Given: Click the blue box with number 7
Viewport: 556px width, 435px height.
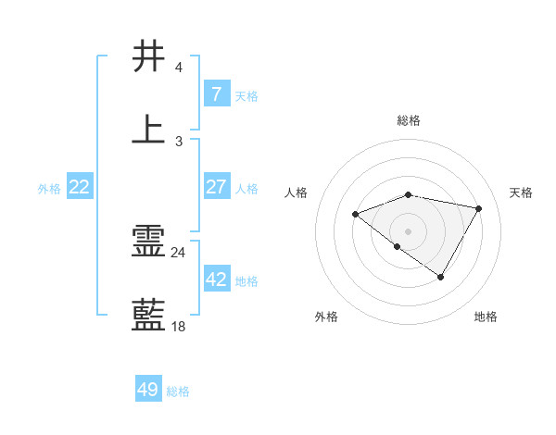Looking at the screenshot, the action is coord(216,93).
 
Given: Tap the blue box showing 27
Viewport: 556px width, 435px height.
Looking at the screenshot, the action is coord(216,186).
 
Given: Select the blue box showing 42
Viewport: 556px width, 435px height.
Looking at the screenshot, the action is coord(216,279).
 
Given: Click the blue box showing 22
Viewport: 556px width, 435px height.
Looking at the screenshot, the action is coord(80,187).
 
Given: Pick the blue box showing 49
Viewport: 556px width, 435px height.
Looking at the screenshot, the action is coord(148,390).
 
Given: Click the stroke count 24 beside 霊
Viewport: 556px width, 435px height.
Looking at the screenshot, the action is coord(178,253).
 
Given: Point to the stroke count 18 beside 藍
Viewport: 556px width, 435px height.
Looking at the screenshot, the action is coord(178,326).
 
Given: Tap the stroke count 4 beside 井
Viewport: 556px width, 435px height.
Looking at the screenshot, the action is coord(178,68).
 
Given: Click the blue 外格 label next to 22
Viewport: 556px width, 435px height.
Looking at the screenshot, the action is coord(49,189).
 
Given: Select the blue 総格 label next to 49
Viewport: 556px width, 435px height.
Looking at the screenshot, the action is coord(178,391).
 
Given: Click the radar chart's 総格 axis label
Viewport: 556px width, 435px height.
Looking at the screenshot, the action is coord(409,120).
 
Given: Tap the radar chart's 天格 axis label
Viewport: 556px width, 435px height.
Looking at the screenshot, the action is coord(521,193).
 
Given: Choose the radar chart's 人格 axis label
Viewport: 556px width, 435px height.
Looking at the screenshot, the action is coord(297,193).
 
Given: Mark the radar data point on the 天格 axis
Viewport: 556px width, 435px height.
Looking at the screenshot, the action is coord(479,208).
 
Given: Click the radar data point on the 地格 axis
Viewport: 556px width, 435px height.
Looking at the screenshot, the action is coord(441,277).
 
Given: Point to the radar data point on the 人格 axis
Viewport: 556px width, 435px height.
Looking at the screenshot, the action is coord(355,215).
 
